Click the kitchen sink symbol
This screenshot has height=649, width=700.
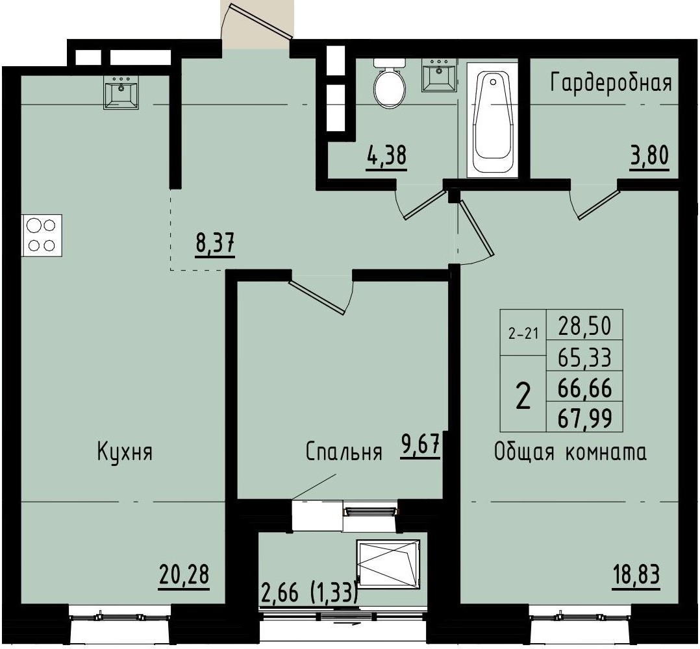[x=121, y=92]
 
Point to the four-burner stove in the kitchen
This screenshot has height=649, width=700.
[x=42, y=235]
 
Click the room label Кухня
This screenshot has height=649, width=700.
[x=125, y=452]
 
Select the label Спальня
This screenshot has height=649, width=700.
[x=344, y=452]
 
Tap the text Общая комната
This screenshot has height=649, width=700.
[x=570, y=452]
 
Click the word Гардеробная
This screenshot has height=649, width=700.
[x=610, y=83]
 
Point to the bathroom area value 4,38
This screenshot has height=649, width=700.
[x=386, y=157]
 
